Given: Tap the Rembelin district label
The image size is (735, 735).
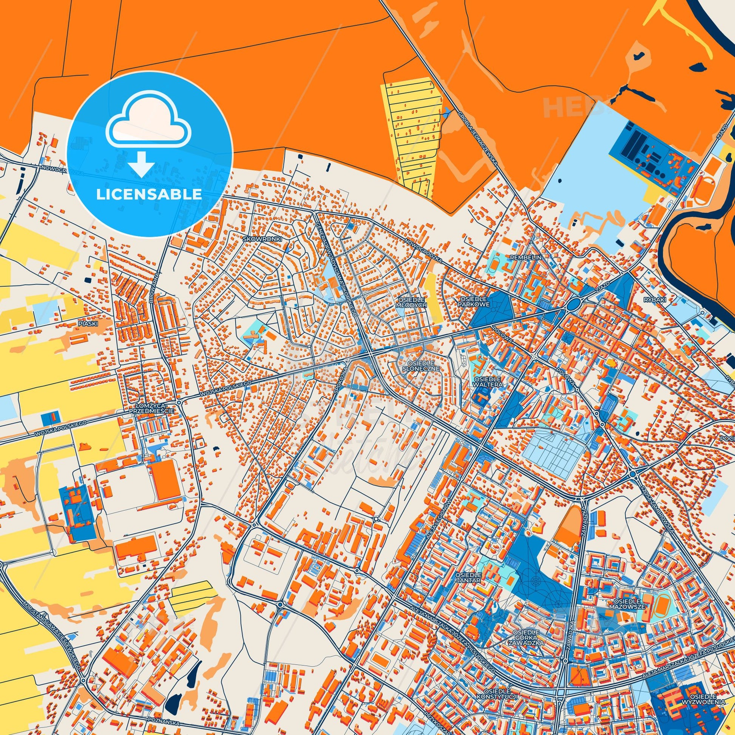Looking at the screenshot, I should (526, 258).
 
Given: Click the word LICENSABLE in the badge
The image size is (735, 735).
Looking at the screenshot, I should (149, 195).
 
